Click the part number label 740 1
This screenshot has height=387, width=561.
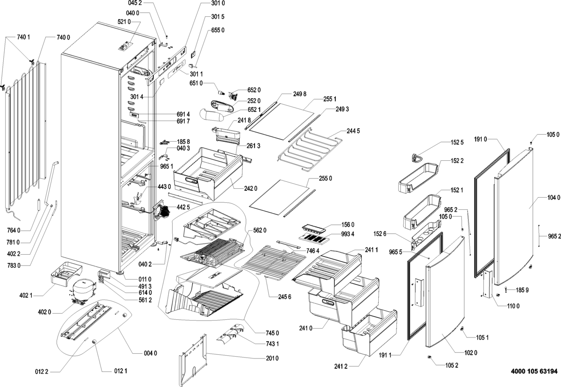point(23,37)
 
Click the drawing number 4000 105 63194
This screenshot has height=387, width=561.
point(532,372)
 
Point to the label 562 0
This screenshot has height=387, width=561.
point(259,230)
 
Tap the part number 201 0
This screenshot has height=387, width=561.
point(272,359)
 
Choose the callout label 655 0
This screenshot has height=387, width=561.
point(218,30)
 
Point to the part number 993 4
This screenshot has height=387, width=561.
point(347,234)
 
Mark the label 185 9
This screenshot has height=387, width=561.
point(523,290)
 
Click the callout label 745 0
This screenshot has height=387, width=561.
point(272,333)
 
